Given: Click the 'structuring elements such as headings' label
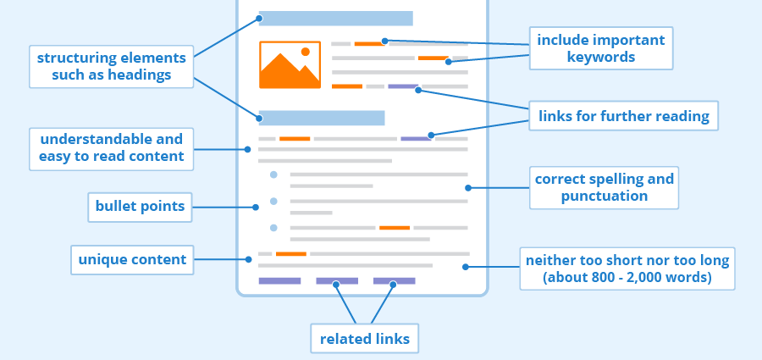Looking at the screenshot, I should [x=111, y=66].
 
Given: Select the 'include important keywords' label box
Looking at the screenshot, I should [x=601, y=48].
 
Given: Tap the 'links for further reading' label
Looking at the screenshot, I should [x=623, y=116].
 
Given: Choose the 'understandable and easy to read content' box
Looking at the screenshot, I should [x=111, y=147].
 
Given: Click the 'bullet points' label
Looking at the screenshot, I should [x=140, y=207].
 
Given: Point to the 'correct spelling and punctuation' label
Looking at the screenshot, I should [x=604, y=187].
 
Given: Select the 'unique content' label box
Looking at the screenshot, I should [x=132, y=259].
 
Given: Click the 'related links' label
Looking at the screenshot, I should [x=364, y=339].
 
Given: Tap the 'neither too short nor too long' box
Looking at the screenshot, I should [x=627, y=268].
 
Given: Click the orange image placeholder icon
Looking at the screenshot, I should [x=290, y=65].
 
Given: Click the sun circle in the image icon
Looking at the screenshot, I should [x=306, y=52].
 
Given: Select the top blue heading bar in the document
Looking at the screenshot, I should [x=335, y=18].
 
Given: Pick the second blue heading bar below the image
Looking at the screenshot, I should [x=322, y=118].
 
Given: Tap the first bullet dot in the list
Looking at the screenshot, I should [x=273, y=174].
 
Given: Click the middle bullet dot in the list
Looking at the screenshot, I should [x=273, y=202].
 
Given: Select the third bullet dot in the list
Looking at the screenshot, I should [x=273, y=227].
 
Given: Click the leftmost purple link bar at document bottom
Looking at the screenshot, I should [x=279, y=280].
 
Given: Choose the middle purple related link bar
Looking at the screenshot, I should [x=337, y=280].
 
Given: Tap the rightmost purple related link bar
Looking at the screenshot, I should [x=394, y=280].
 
